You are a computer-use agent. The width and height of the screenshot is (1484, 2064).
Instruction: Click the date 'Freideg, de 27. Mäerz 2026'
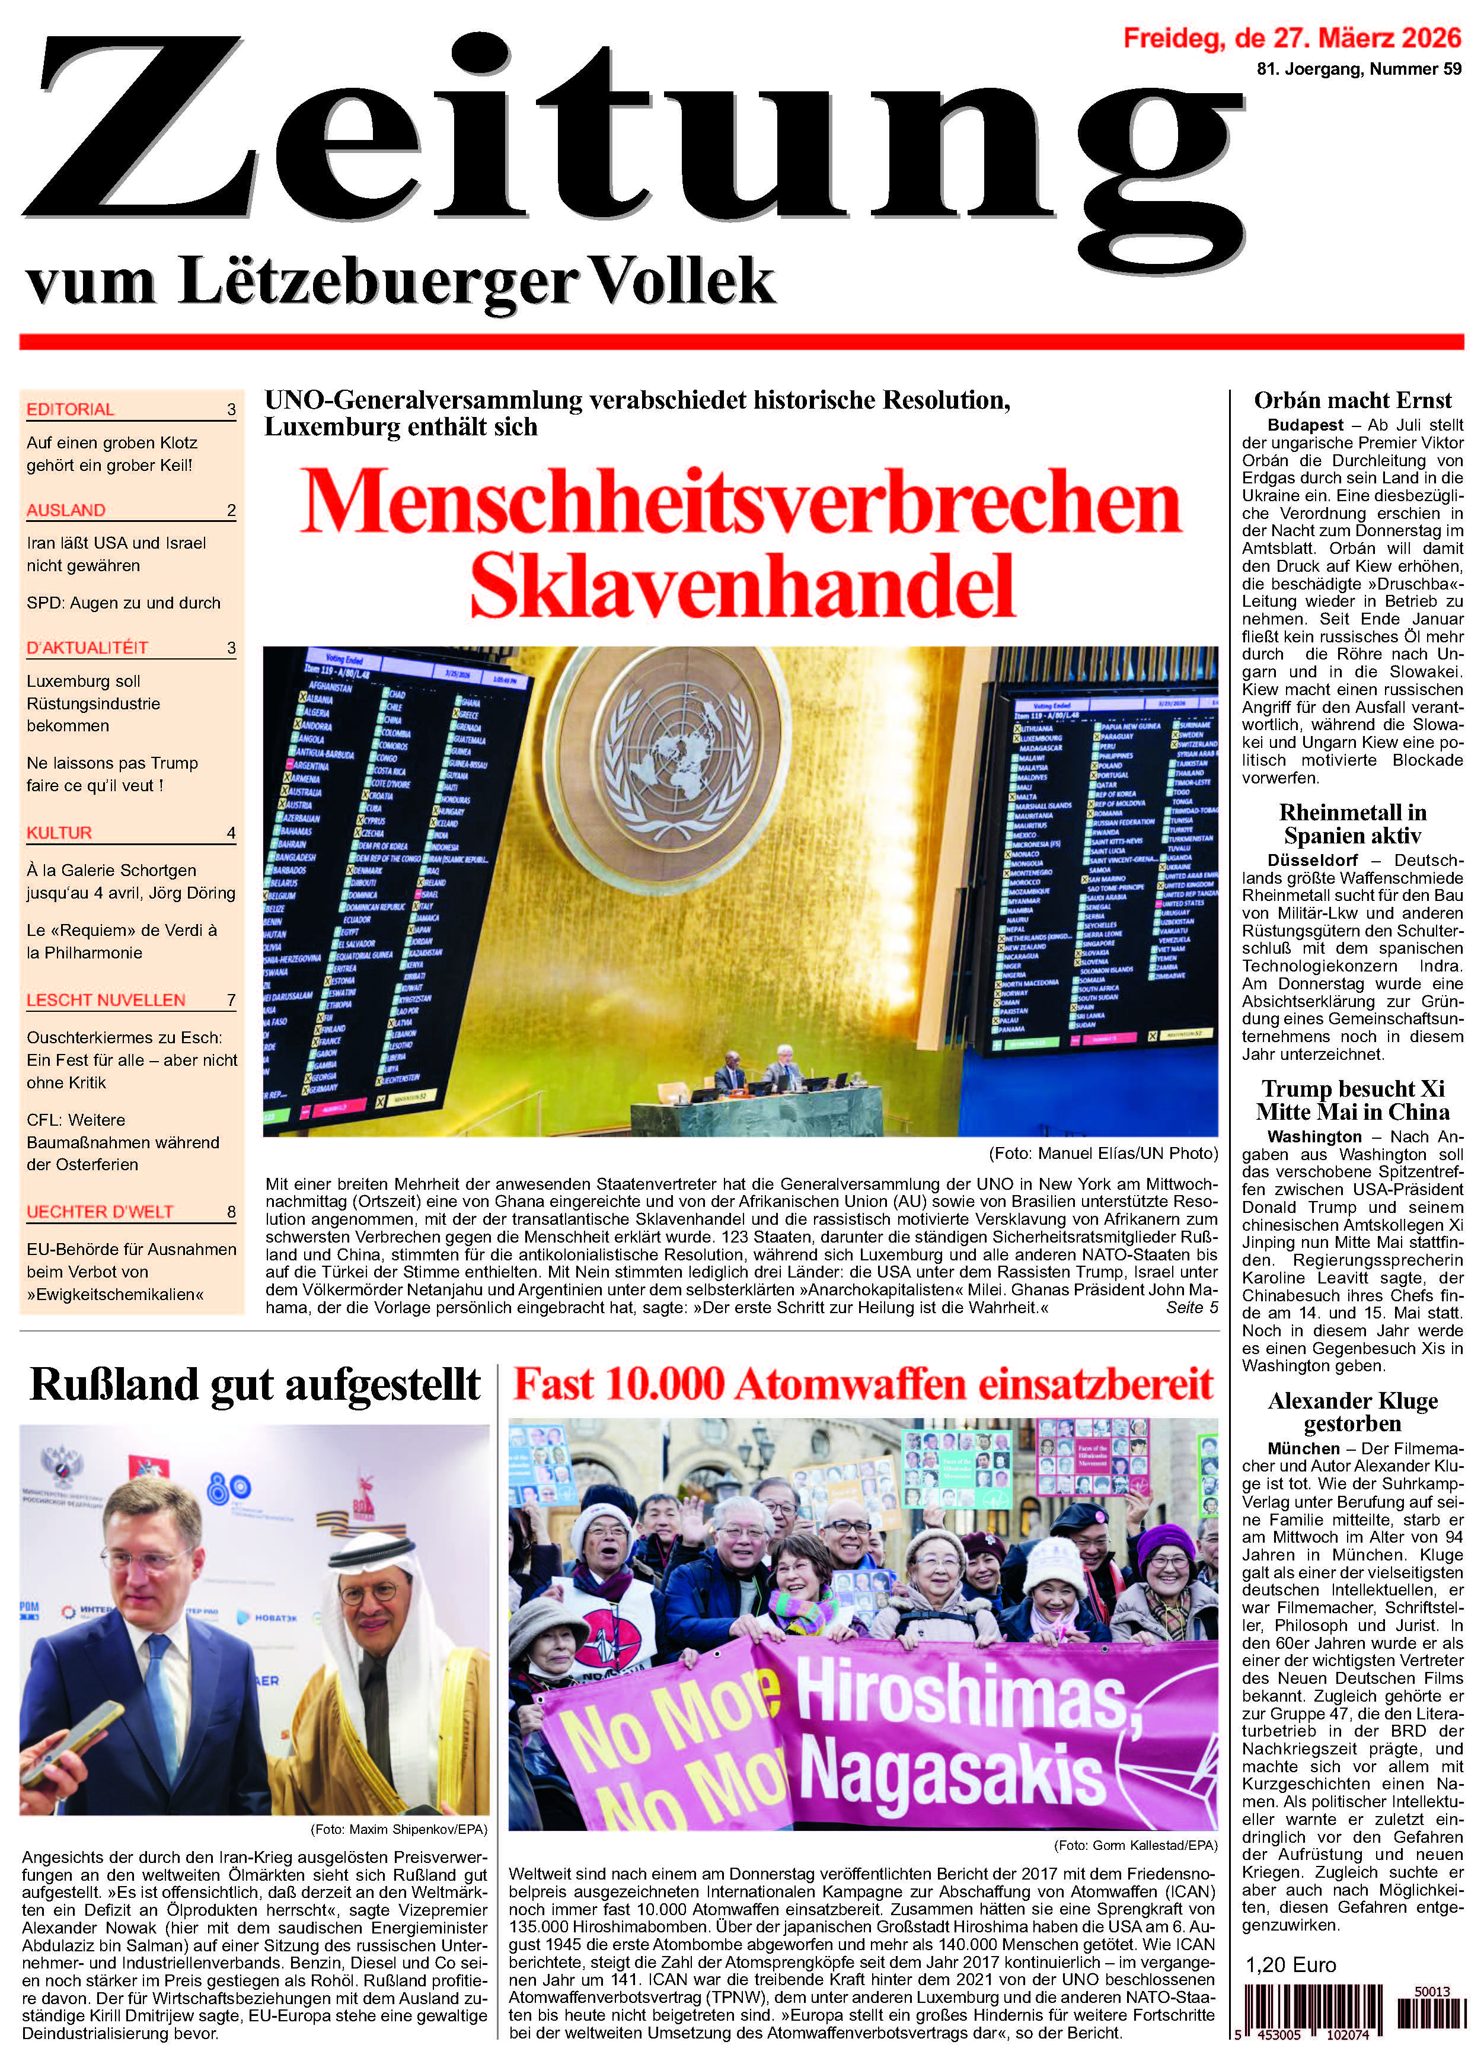click(1292, 38)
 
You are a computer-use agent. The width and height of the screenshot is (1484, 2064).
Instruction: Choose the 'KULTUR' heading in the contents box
click(59, 833)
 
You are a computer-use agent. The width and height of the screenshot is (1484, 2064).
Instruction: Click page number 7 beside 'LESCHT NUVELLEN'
click(231, 1000)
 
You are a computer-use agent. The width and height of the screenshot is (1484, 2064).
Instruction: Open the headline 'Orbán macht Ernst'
click(1352, 400)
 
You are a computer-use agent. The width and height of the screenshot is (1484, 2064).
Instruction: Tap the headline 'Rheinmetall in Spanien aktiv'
click(1352, 824)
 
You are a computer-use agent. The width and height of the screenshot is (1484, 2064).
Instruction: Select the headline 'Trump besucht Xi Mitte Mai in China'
click(1352, 1100)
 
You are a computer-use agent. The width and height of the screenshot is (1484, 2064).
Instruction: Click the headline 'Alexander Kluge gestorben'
click(1352, 1412)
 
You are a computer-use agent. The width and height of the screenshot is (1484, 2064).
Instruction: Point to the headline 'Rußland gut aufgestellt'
click(255, 1384)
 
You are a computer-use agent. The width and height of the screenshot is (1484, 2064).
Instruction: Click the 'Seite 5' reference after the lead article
click(1191, 1308)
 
